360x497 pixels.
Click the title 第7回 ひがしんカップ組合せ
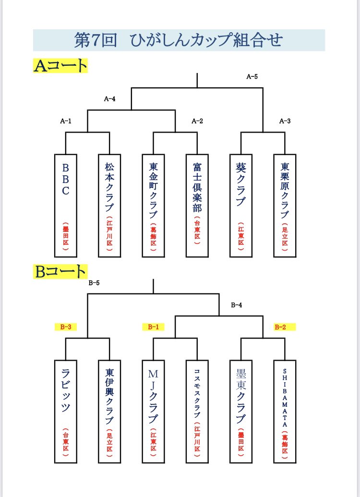click(x=178, y=40)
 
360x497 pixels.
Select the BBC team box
click(x=66, y=206)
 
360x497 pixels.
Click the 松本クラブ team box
click(x=109, y=206)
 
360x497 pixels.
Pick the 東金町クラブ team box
click(x=153, y=206)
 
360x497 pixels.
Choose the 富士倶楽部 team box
click(x=197, y=206)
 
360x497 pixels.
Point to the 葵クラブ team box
click(x=241, y=206)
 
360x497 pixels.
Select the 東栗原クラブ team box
click(x=285, y=206)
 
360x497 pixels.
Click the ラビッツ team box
click(x=66, y=412)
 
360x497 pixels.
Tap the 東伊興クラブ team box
click(x=109, y=412)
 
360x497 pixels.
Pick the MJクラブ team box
click(x=153, y=412)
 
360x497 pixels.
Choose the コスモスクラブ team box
click(x=197, y=412)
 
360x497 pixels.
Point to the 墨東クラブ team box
click(x=241, y=412)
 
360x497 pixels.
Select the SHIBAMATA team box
click(x=285, y=412)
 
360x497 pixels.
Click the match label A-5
click(x=252, y=76)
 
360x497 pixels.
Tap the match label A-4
click(x=110, y=99)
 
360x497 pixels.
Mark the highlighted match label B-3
click(x=66, y=327)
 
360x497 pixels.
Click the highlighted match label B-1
click(x=153, y=327)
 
